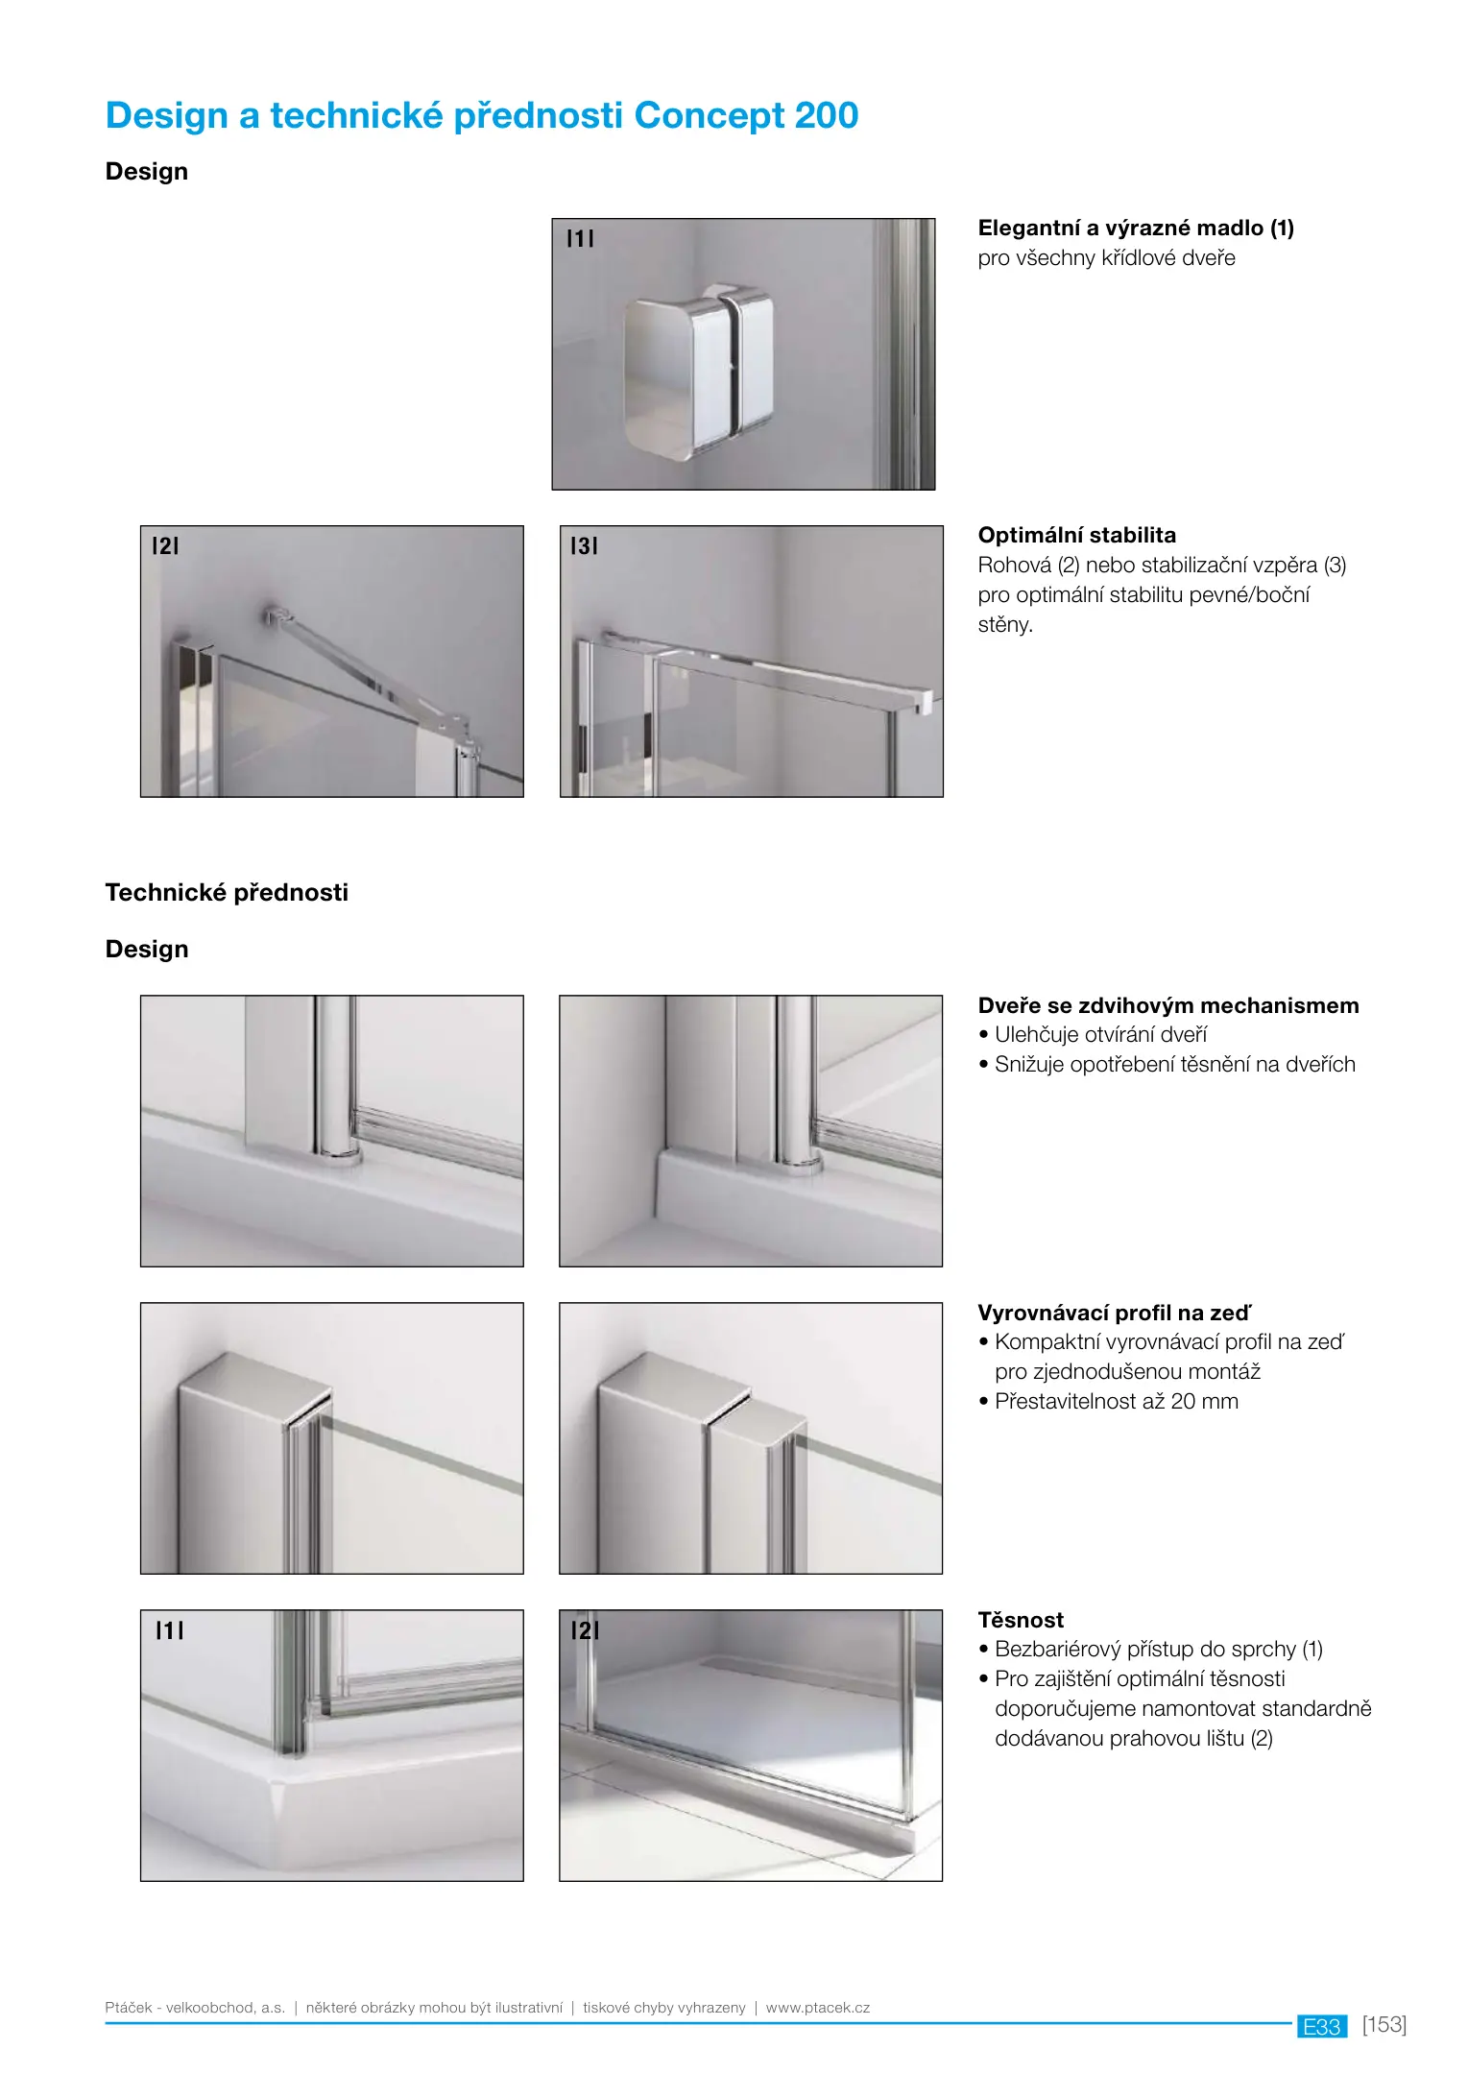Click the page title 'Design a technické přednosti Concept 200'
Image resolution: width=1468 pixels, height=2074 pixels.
tap(481, 116)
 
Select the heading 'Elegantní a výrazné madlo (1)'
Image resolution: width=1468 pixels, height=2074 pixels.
tap(1135, 229)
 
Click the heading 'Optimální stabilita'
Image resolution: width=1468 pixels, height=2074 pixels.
tap(1076, 536)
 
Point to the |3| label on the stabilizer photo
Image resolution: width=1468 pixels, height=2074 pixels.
tap(584, 546)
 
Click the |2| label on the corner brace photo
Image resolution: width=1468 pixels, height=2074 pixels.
tap(165, 546)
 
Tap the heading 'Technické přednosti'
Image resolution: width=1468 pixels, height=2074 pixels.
tap(227, 893)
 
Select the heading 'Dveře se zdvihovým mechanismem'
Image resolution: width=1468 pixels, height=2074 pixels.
tap(1167, 1006)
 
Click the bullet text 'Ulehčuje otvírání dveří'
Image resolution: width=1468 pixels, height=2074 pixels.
tap(1100, 1035)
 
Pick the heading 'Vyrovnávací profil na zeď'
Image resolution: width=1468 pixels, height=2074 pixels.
tap(1114, 1314)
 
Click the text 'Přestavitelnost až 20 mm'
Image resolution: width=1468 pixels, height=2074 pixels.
tap(1116, 1402)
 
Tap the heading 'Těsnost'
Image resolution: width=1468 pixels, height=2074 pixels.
tap(1021, 1621)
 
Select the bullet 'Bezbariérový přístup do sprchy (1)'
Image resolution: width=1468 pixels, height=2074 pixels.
tap(1158, 1650)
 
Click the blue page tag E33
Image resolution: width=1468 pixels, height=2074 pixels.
tap(1321, 2027)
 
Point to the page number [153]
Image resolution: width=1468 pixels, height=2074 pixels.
tap(1384, 2025)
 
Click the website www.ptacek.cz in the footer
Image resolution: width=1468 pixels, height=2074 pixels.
tap(817, 2008)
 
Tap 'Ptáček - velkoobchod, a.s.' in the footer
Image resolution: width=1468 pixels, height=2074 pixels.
tap(195, 2008)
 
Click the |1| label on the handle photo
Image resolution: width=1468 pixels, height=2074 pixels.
tap(580, 239)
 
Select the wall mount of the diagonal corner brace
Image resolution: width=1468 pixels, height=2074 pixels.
tap(275, 614)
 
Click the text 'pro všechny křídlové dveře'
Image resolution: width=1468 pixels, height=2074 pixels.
tap(1106, 258)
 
